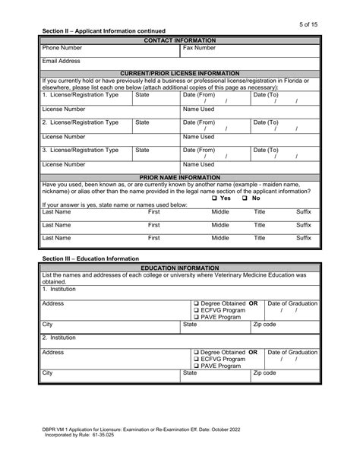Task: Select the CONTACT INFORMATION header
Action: tap(179, 39)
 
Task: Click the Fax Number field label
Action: tap(199, 47)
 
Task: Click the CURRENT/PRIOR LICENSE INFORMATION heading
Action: tap(179, 74)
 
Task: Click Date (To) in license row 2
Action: tap(266, 122)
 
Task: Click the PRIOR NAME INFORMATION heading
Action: tap(179, 177)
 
